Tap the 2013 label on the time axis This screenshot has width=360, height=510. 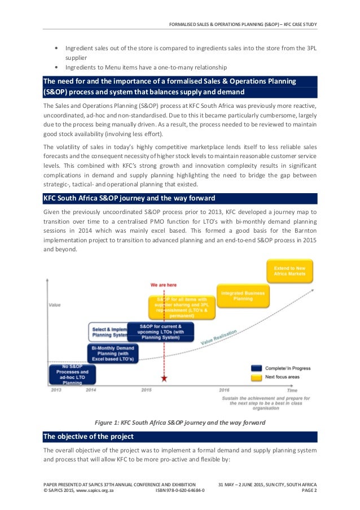point(56,390)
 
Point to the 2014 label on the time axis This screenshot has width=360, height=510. point(90,390)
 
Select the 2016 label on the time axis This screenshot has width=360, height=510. point(224,390)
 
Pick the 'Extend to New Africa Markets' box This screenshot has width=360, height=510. point(289,271)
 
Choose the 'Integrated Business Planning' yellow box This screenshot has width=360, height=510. point(243,296)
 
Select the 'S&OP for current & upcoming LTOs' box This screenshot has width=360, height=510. point(160,332)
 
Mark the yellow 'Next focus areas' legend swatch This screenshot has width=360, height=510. point(256,376)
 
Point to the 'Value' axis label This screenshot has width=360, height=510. point(55,305)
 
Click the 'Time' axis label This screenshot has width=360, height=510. point(292,390)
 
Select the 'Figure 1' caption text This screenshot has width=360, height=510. point(179,422)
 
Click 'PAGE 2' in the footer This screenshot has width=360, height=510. point(308,491)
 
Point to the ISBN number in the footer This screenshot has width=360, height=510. point(180,491)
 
